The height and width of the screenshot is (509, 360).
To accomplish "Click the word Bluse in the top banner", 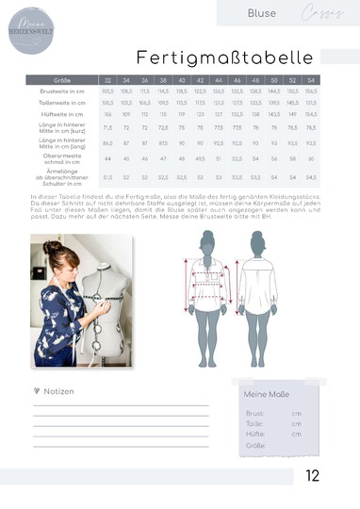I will tap(261, 13).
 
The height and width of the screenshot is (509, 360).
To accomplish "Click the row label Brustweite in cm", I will tap(62, 90).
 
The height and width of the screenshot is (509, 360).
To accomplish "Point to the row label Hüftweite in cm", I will tap(62, 112).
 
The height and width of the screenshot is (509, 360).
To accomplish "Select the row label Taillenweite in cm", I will tap(62, 102).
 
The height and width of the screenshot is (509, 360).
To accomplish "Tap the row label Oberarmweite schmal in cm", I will tap(62, 159).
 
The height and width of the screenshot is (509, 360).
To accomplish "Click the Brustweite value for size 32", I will tap(108, 90).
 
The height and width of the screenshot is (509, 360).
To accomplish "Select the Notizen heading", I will tap(56, 391).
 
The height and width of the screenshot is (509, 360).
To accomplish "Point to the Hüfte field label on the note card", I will tap(254, 434).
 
